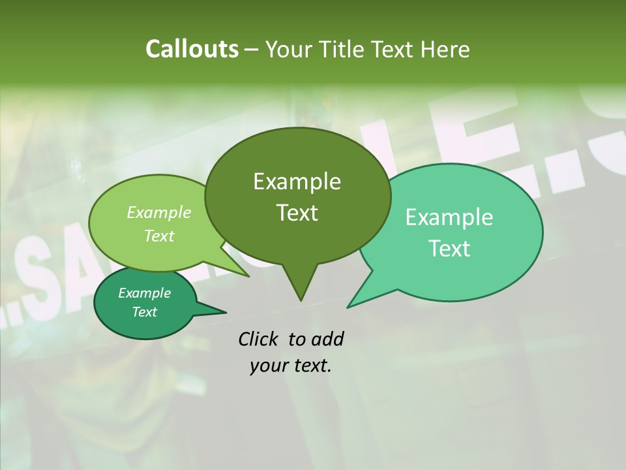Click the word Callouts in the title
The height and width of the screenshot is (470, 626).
point(192,49)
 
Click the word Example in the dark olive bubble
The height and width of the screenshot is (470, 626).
point(297,181)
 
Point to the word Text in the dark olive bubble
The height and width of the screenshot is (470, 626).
point(297,213)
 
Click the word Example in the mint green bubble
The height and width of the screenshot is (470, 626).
point(449,217)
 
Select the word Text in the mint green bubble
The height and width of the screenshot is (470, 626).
point(449,249)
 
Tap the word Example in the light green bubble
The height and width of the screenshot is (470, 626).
point(159,213)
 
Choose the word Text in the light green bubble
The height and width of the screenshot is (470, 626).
point(159,236)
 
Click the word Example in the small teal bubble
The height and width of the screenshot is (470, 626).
point(145,293)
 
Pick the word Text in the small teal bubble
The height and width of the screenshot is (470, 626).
point(145,312)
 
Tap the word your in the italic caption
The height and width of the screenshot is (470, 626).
point(268,366)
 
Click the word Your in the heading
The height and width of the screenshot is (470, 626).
point(289,49)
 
